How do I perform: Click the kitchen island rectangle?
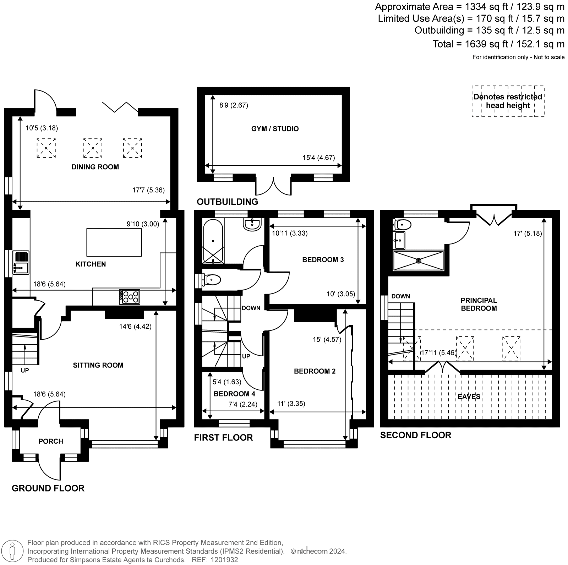[114, 242]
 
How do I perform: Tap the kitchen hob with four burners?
[130, 297]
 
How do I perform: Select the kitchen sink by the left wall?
[21, 262]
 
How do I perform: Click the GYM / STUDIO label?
[275, 129]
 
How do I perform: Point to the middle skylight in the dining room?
[93, 148]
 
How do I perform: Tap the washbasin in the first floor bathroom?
[252, 224]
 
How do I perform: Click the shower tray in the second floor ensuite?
[419, 260]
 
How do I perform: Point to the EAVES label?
[469, 397]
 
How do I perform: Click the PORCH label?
[51, 441]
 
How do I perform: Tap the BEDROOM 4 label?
[234, 394]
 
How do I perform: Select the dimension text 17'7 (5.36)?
[148, 190]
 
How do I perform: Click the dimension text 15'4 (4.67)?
[319, 158]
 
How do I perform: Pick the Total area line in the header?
[498, 44]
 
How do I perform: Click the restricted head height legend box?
[508, 101]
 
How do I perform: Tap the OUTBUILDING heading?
[228, 202]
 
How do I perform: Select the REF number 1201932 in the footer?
[224, 560]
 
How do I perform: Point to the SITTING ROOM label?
[98, 365]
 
